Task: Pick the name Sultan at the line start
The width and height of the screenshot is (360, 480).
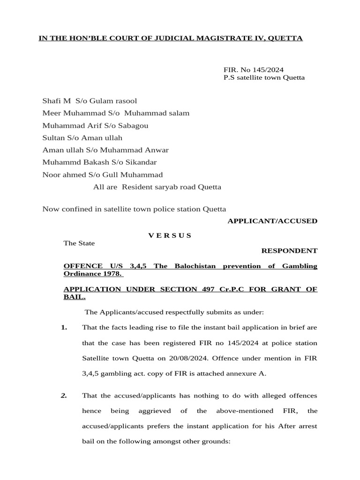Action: [52, 138]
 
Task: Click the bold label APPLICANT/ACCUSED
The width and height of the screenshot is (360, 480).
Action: [272, 221]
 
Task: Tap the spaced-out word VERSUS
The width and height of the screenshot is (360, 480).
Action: [170, 235]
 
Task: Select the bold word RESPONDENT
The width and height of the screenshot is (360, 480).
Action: [289, 251]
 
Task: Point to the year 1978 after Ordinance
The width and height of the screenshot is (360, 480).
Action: [112, 274]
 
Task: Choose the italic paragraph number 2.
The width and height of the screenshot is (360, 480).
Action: [64, 396]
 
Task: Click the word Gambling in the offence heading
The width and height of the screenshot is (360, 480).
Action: [300, 266]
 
